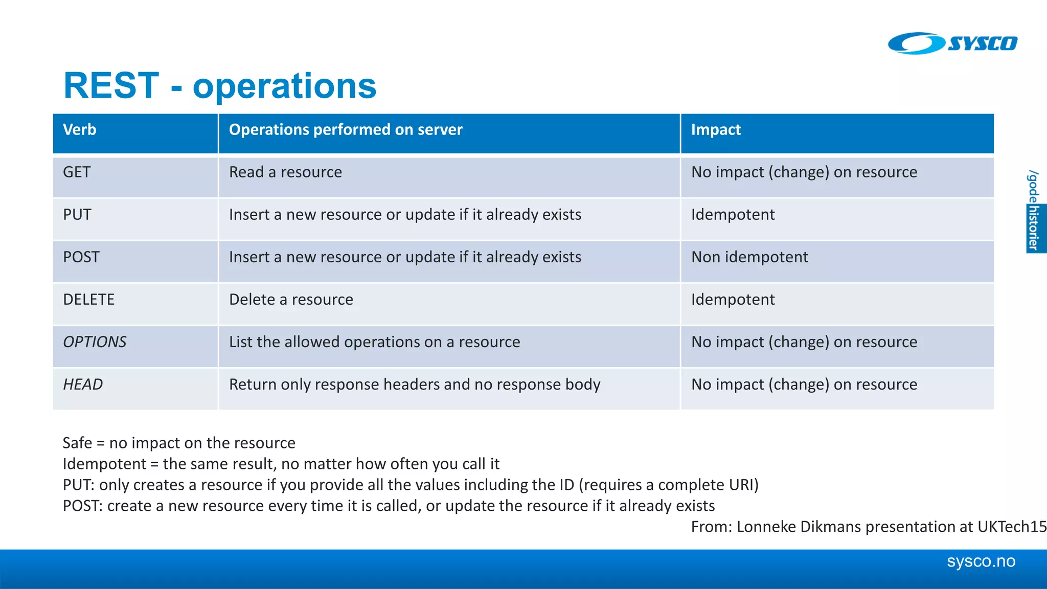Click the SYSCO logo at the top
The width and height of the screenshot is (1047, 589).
tap(952, 43)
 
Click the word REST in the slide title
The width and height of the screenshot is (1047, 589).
tap(111, 85)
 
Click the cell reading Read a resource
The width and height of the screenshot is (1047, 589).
tap(285, 172)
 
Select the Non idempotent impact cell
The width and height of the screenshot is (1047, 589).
tap(749, 257)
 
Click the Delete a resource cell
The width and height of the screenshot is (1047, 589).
tap(291, 300)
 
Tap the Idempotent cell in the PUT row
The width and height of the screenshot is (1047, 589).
tap(733, 215)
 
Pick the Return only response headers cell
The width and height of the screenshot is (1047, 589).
tap(415, 384)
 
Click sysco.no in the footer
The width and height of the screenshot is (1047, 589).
tap(981, 561)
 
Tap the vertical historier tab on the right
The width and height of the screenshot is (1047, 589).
tap(1035, 228)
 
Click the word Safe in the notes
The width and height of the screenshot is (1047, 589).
tap(77, 443)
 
